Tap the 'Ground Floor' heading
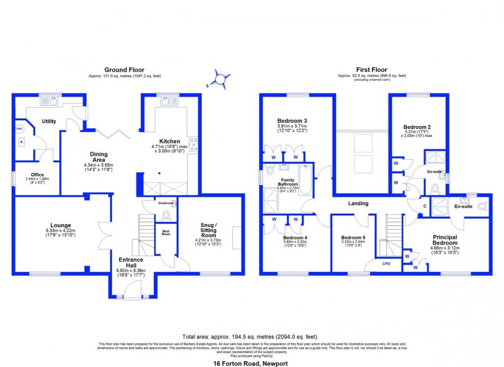[124, 70]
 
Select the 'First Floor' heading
[372, 70]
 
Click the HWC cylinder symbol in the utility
[20, 129]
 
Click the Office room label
[38, 174]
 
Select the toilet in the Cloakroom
[166, 215]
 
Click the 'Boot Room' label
[166, 232]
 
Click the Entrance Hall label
[130, 263]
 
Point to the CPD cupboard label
[386, 264]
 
